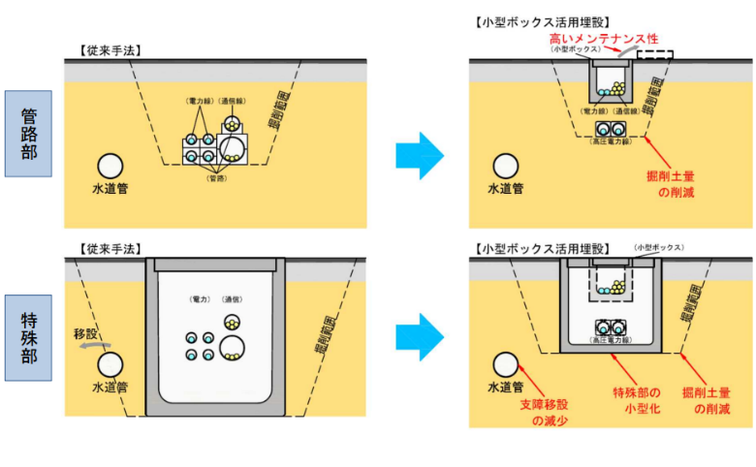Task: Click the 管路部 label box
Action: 27,133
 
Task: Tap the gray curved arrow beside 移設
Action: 94,345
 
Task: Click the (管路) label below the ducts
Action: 218,178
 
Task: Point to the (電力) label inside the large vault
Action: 202,299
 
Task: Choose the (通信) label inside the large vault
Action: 231,299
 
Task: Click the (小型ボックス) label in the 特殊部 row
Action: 659,248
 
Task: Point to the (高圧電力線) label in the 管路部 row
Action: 613,142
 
